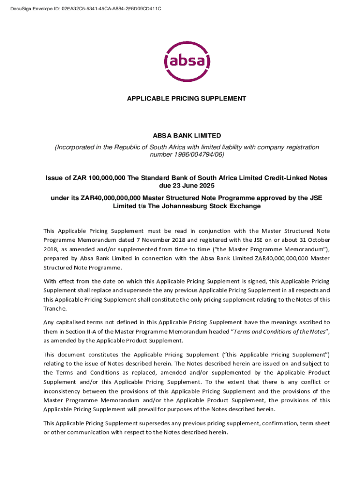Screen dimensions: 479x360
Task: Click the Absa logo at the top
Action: point(180,61)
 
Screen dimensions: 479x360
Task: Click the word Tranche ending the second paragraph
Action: point(55,309)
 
